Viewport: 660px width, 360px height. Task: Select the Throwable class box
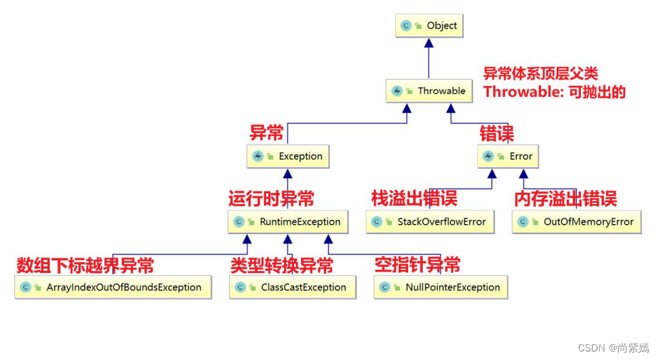[429, 91]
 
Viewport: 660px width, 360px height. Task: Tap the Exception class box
[288, 157]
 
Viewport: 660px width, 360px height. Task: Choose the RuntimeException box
[288, 222]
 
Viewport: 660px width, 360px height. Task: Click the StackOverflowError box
[430, 222]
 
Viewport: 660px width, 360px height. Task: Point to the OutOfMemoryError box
[577, 222]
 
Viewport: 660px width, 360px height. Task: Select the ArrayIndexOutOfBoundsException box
[113, 287]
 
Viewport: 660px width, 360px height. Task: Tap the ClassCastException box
[292, 287]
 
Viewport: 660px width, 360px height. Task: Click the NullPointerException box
[441, 287]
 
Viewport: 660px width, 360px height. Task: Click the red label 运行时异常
[271, 198]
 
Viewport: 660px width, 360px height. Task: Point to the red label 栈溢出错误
[414, 198]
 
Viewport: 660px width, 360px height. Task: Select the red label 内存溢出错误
[565, 198]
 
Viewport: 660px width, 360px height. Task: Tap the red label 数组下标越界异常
[85, 265]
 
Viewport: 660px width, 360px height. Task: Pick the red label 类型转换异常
[281, 265]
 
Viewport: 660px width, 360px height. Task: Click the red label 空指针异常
[417, 265]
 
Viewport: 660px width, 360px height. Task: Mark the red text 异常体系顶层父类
[540, 73]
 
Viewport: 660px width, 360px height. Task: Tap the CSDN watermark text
[613, 348]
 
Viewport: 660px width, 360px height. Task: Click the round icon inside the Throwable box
[397, 91]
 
